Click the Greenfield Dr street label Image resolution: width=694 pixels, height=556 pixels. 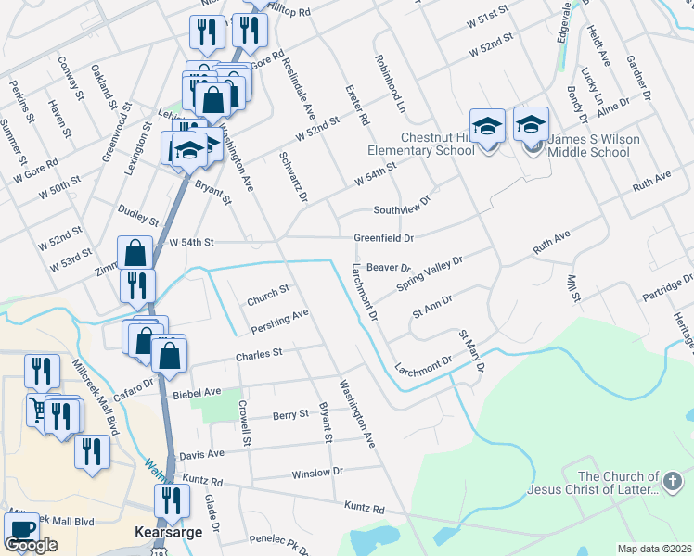pyautogui.click(x=383, y=238)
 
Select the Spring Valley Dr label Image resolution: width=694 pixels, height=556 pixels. pyautogui.click(x=429, y=273)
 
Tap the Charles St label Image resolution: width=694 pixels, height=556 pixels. pyautogui.click(x=258, y=354)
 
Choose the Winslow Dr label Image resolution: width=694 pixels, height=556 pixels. pyautogui.click(x=317, y=472)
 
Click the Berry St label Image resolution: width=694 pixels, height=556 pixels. pyautogui.click(x=290, y=415)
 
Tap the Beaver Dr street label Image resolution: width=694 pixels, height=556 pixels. pyautogui.click(x=382, y=267)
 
